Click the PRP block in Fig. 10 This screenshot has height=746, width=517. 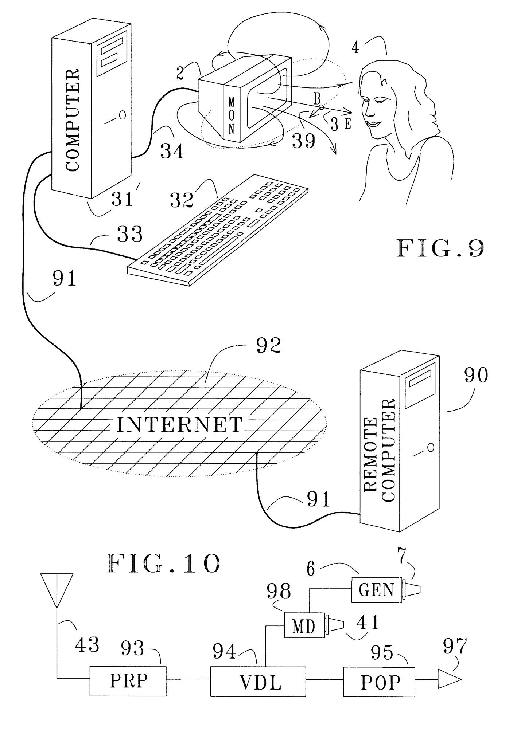[128, 681]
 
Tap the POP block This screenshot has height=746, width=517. [379, 682]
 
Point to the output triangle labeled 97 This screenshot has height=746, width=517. [448, 680]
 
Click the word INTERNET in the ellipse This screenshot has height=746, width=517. [179, 425]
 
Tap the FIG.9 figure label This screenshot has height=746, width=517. [440, 249]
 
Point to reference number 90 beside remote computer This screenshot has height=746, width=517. [475, 375]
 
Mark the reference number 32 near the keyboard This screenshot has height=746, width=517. [181, 200]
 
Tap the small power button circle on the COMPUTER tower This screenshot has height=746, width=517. [123, 115]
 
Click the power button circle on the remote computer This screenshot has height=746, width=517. [431, 447]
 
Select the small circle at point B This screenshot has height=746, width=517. [321, 107]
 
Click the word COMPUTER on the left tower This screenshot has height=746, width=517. [73, 120]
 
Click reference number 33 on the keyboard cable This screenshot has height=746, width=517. [129, 234]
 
